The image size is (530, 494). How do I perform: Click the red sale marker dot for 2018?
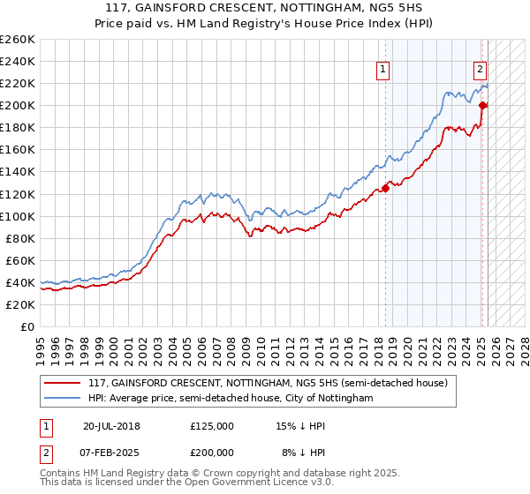click(x=386, y=188)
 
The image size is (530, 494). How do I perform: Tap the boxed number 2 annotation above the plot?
click(x=480, y=71)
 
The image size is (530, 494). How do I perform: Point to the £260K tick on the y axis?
click(x=18, y=40)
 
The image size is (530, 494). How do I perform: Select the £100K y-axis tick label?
click(x=18, y=216)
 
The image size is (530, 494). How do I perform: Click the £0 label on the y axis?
click(x=26, y=326)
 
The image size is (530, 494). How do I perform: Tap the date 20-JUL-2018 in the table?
click(x=111, y=426)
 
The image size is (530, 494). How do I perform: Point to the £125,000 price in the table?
click(x=211, y=426)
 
